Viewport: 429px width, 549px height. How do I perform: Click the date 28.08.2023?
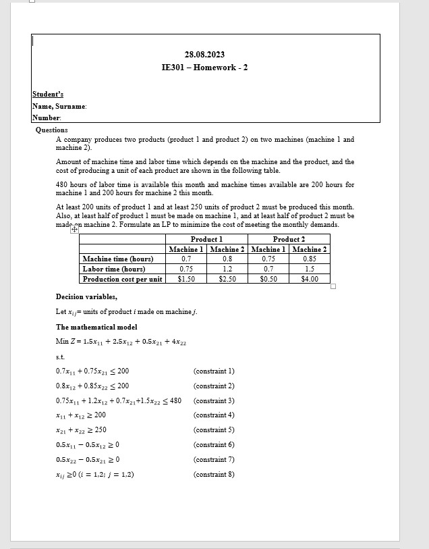pos(204,54)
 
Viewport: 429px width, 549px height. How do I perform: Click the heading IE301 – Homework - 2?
pos(204,68)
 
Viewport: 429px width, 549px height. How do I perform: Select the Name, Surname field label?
pos(59,107)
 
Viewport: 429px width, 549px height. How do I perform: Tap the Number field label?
pos(47,117)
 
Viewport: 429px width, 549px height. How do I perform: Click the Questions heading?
pos(52,130)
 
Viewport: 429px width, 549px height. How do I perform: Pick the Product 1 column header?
pos(206,239)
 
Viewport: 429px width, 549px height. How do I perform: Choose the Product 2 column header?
pos(289,239)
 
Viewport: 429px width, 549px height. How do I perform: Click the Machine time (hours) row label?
pos(118,259)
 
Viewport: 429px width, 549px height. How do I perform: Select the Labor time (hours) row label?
pos(114,269)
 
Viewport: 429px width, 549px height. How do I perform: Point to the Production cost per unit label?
pos(122,279)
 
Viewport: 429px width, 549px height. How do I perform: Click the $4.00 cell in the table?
pos(310,279)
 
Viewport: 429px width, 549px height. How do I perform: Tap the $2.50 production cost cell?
pos(227,279)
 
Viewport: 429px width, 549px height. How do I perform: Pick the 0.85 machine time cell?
pos(310,259)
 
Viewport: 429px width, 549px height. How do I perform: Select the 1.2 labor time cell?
pos(227,269)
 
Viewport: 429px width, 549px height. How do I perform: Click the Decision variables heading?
pos(86,296)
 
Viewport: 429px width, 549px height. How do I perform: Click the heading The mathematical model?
pos(96,327)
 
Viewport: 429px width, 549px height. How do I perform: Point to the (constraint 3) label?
pos(214,400)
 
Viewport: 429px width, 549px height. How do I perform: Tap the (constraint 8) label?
pos(214,474)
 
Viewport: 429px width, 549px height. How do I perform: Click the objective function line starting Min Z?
pos(121,342)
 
